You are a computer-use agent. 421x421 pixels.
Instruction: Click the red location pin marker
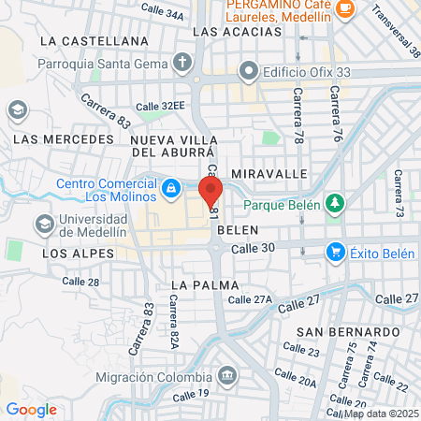coord(210,190)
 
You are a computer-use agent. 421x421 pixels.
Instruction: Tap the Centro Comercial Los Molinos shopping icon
coord(170,190)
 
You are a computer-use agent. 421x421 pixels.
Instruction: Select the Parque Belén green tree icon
coord(334,205)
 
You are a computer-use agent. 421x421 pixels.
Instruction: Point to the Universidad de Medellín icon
coord(43,225)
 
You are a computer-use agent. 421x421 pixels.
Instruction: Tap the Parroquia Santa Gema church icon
coord(181,65)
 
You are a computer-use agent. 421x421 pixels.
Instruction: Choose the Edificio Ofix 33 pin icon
coord(248,70)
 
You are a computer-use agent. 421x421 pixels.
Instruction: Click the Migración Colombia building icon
coord(225,376)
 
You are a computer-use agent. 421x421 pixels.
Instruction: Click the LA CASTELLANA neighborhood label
coord(102,41)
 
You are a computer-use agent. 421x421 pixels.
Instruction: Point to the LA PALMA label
coord(205,283)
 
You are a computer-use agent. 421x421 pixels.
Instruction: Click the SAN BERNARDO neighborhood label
coord(348,332)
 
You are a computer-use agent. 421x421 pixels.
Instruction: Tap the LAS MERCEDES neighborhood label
coord(63,139)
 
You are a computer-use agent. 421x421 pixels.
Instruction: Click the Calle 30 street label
coord(253,248)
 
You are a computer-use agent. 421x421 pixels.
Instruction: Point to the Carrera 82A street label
coord(174,322)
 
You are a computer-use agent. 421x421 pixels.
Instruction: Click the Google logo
coord(31,410)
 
